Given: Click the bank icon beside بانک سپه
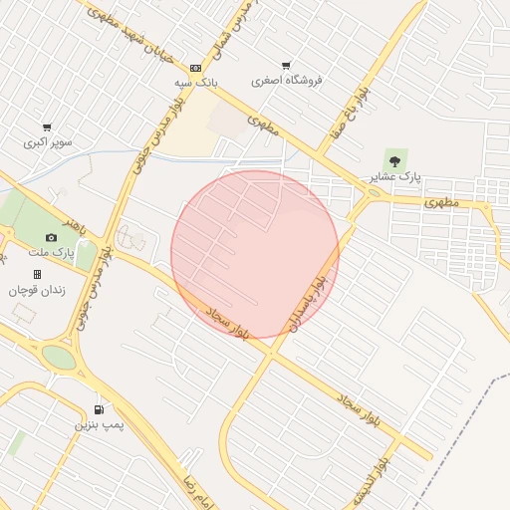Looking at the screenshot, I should coord(195,68).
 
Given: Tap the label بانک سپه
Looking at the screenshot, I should coord(196,83).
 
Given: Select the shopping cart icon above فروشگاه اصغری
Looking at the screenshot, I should coord(287,66).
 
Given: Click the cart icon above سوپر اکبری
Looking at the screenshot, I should coord(47,127).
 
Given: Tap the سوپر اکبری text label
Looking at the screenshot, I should coord(49,142).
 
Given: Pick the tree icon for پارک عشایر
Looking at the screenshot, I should coord(395,159).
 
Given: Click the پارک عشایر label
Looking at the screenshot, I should coord(396,176).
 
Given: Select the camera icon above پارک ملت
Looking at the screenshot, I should coord(51,237).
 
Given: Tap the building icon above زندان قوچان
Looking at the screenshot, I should coord(37,274).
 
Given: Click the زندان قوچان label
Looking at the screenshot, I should coord(36,290).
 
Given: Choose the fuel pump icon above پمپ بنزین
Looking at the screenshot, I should coord(99,409).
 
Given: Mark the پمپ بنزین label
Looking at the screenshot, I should coord(99,425).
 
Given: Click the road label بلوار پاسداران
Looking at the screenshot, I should coord(307,303).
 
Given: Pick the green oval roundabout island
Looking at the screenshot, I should coord(58,357).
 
